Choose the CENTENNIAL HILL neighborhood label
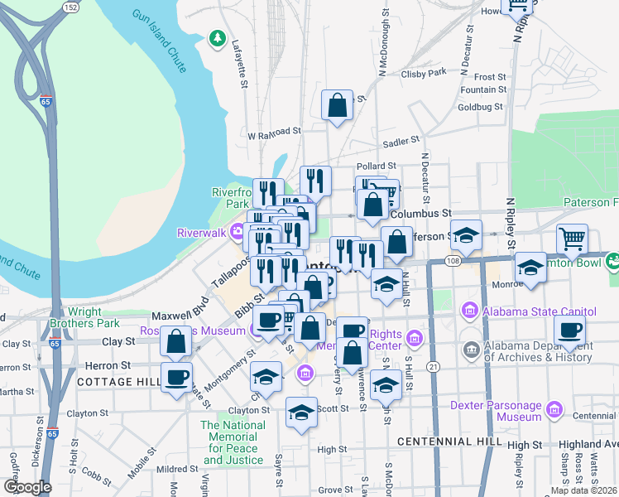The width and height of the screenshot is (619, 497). pyautogui.click(x=449, y=442)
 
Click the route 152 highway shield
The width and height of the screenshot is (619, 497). pyautogui.click(x=71, y=7)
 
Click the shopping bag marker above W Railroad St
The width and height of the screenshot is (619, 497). pyautogui.click(x=337, y=105)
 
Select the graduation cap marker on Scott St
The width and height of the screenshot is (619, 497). pyautogui.click(x=301, y=412)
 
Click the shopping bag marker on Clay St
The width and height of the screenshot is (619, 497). pyautogui.click(x=176, y=340)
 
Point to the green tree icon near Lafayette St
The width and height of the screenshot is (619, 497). pyautogui.click(x=218, y=37)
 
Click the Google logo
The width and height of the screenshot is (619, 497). pyautogui.click(x=27, y=487)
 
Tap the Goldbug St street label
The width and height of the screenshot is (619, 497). pyautogui.click(x=480, y=107)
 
